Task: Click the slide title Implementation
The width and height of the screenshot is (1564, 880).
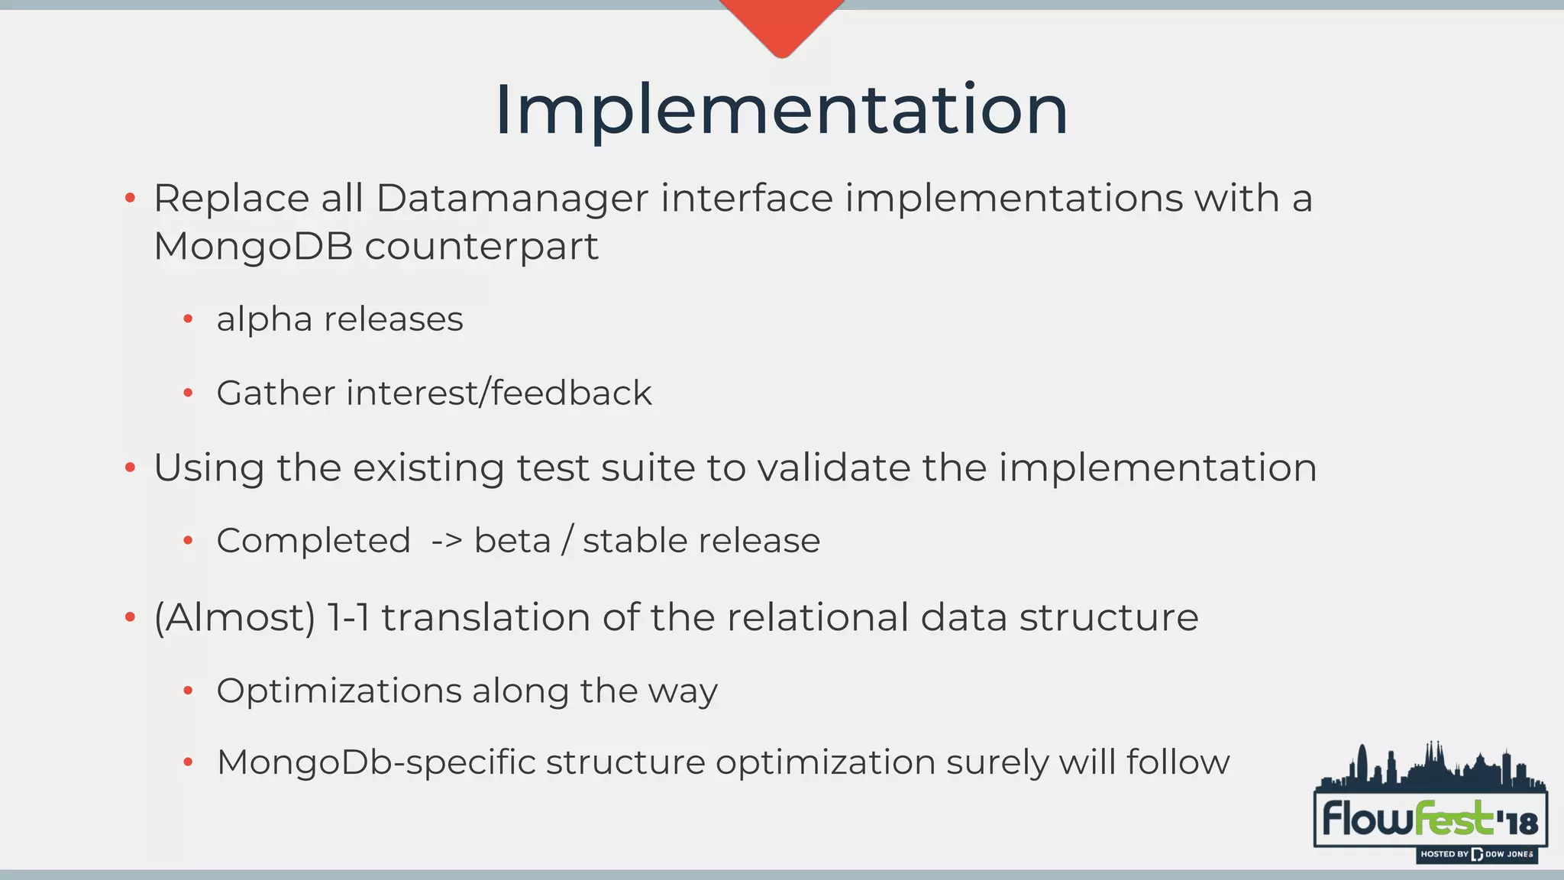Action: pyautogui.click(x=780, y=111)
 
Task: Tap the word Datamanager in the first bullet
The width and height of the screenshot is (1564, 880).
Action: pyautogui.click(x=512, y=199)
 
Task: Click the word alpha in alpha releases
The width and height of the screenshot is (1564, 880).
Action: pyautogui.click(x=263, y=319)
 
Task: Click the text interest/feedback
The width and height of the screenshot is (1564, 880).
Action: pyautogui.click(x=499, y=393)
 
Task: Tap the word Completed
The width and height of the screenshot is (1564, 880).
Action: pyautogui.click(x=313, y=541)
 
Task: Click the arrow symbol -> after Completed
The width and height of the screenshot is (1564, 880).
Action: pyautogui.click(x=447, y=541)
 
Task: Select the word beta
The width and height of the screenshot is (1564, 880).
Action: pyautogui.click(x=512, y=541)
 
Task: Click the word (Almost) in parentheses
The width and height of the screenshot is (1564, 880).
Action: pyautogui.click(x=234, y=617)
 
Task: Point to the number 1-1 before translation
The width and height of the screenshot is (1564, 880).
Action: pyautogui.click(x=348, y=617)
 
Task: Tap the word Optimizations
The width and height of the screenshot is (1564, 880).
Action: pyautogui.click(x=338, y=691)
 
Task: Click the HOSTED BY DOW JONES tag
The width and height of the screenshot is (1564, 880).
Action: pyautogui.click(x=1476, y=854)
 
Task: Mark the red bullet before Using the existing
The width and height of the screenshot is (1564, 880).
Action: pyautogui.click(x=130, y=467)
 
